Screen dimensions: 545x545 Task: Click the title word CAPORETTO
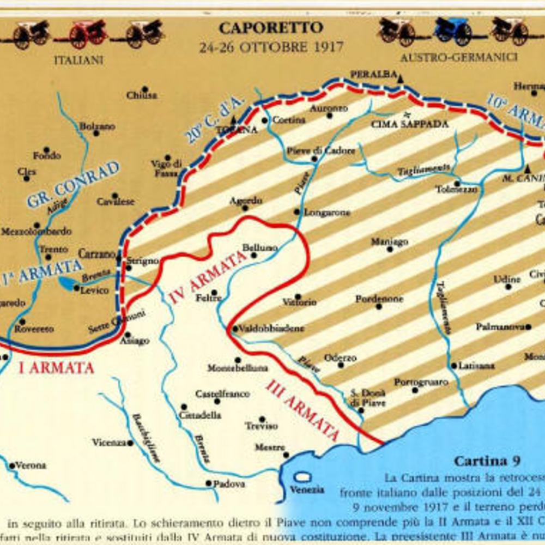[x=271, y=27]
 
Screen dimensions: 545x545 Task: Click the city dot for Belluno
[x=254, y=255]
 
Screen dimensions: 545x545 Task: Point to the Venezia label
[x=306, y=489]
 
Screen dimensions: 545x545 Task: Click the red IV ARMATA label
[x=208, y=277]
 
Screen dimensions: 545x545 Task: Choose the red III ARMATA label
[x=303, y=410]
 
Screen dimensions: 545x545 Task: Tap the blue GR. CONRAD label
[x=73, y=184]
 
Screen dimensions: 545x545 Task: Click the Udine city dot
[x=508, y=286]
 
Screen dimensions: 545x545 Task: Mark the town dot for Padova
[x=208, y=483]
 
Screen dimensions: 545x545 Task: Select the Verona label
[x=31, y=465]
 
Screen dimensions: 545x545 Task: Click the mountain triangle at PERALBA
[x=401, y=80]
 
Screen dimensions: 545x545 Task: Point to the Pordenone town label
[x=379, y=299]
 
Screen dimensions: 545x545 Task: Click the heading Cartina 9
[x=487, y=461]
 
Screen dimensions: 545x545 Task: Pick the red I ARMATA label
[x=56, y=368]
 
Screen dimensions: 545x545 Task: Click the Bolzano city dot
[x=96, y=133]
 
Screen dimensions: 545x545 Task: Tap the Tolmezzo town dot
[x=457, y=183]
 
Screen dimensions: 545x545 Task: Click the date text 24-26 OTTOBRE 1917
[x=271, y=47]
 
